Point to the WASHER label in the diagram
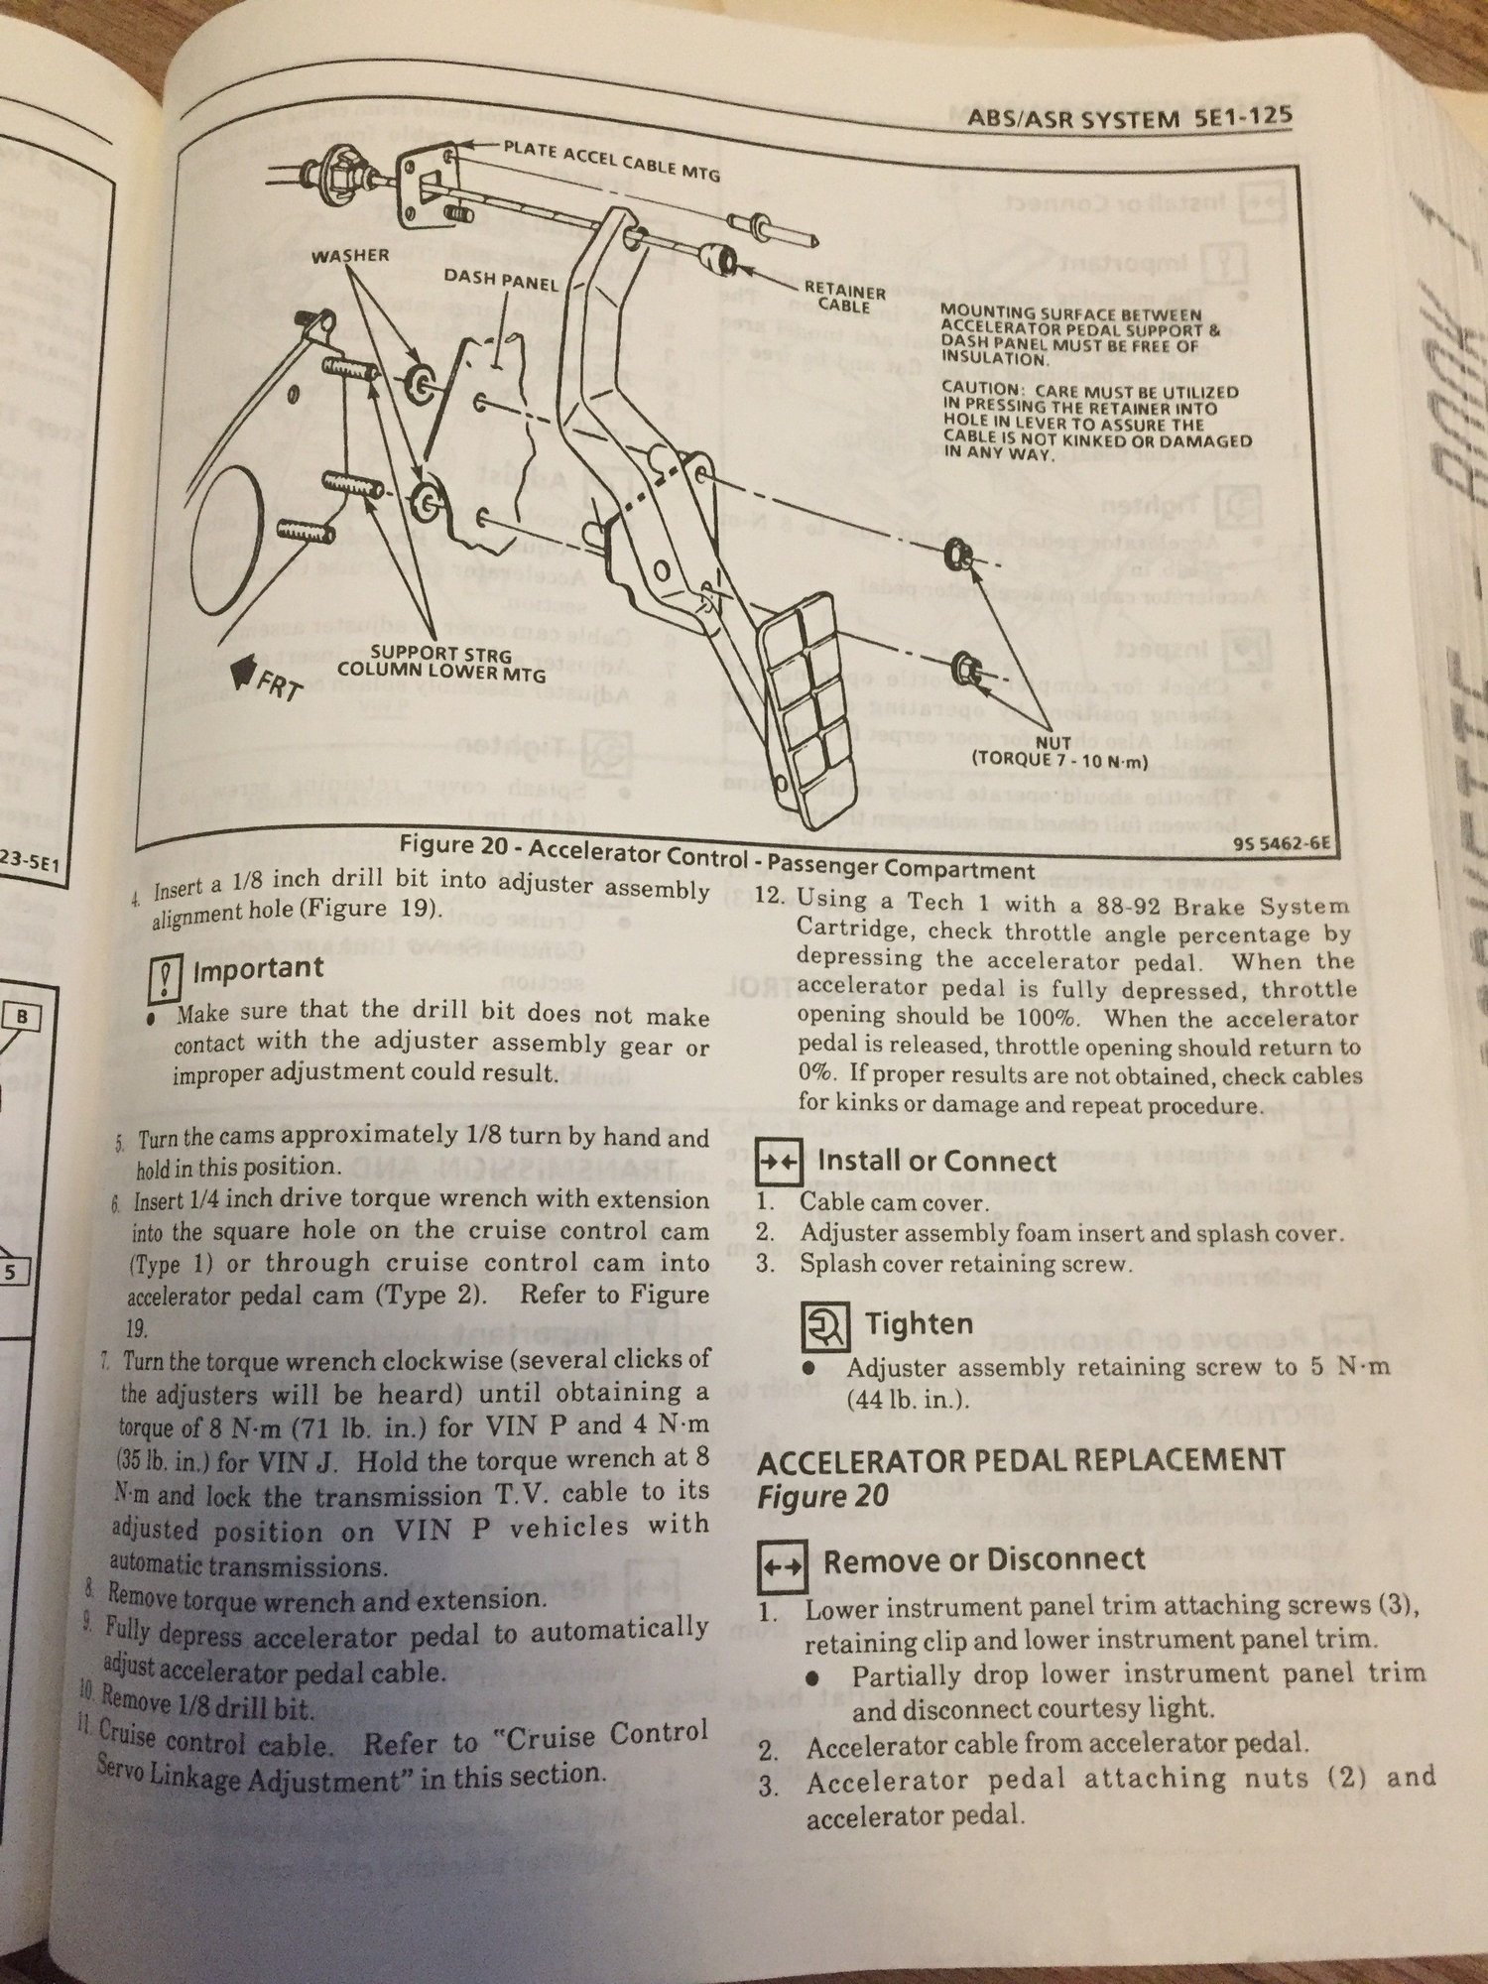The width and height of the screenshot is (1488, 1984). tap(350, 255)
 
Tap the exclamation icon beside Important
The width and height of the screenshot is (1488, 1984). tap(162, 980)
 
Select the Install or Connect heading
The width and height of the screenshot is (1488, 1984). tap(936, 1161)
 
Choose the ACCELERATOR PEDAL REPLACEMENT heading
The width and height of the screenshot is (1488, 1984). tap(1021, 1459)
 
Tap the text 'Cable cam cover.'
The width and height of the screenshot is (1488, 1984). tap(894, 1203)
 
